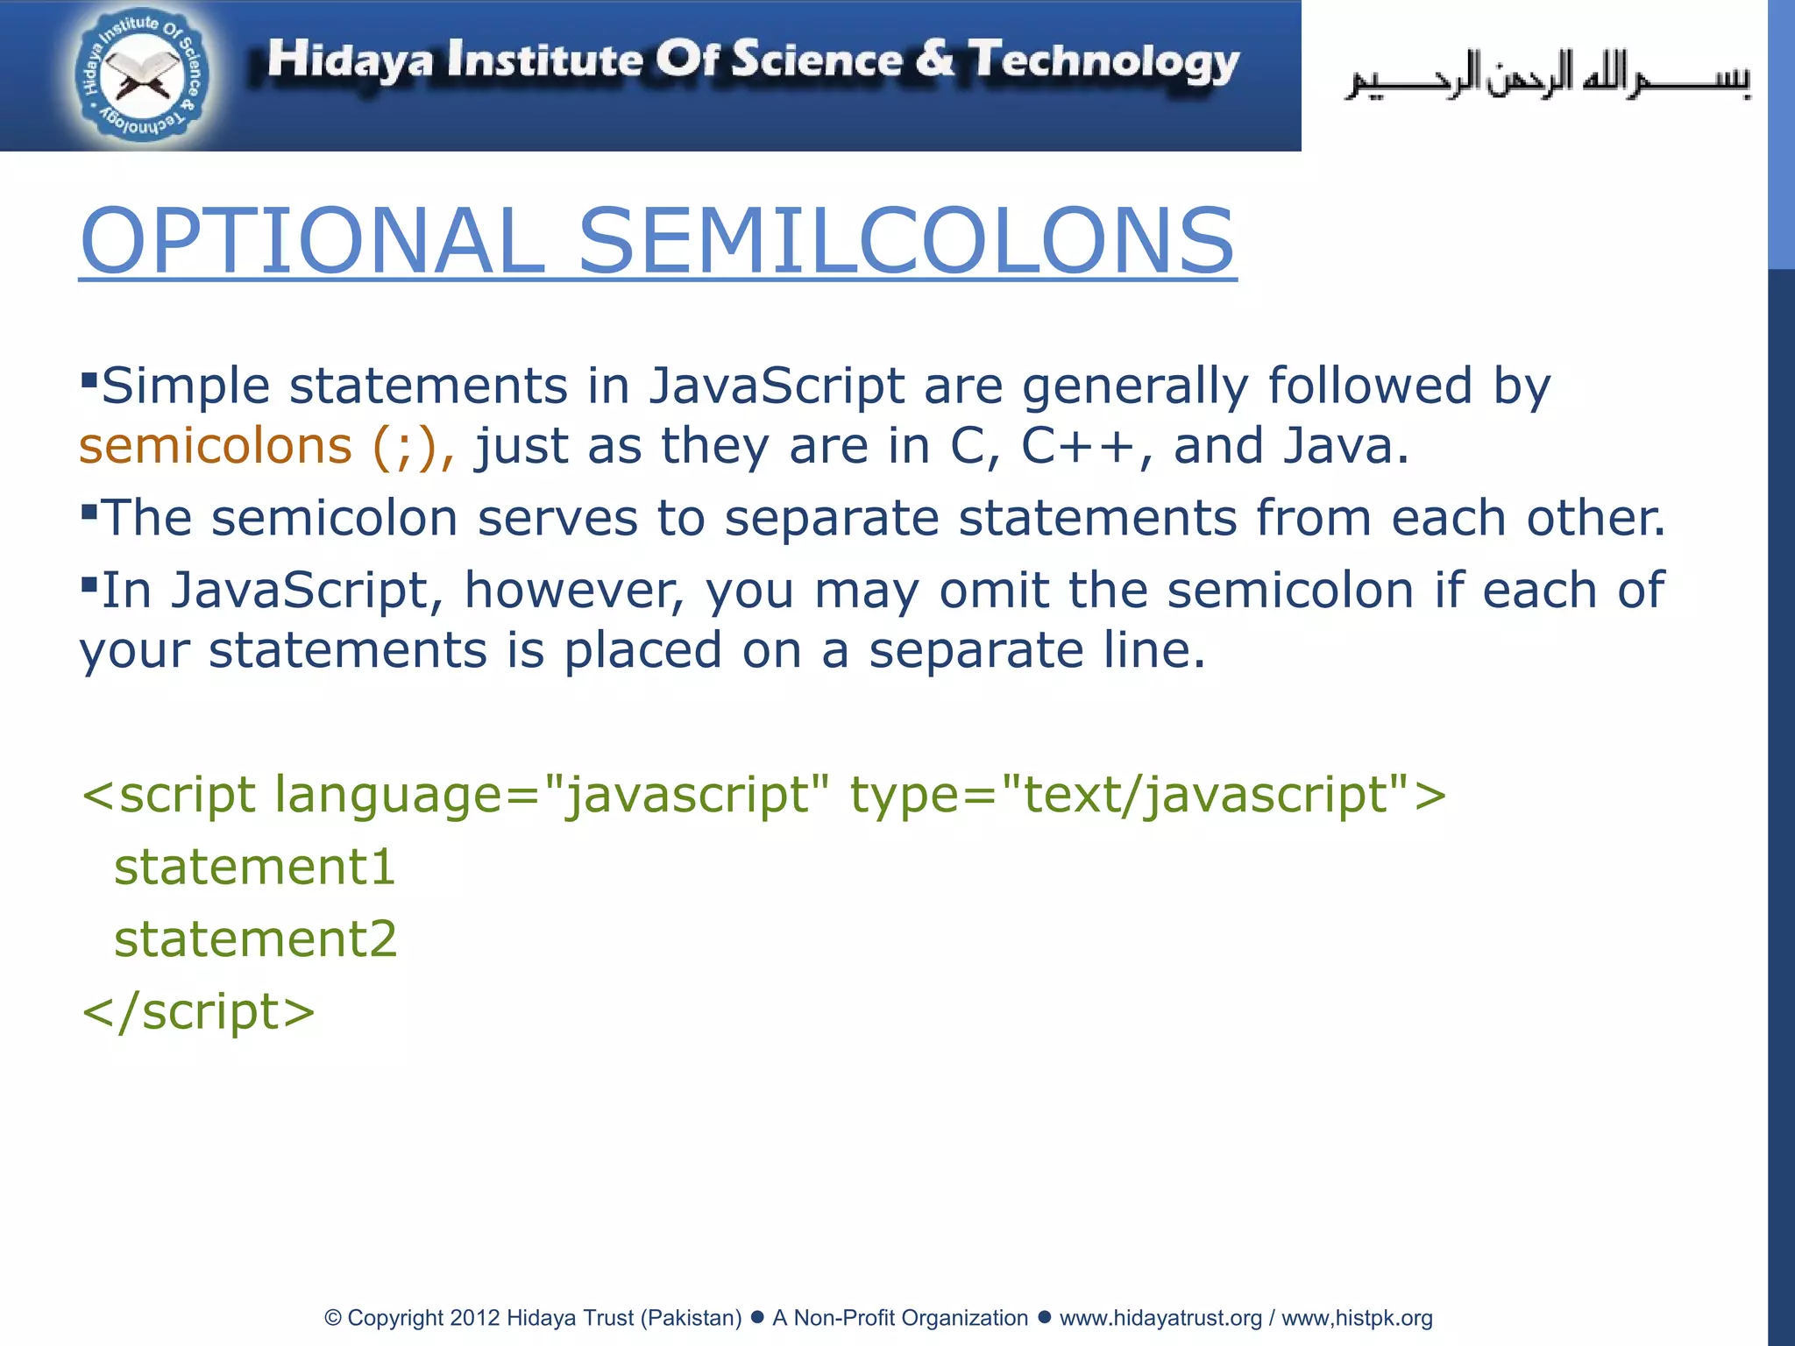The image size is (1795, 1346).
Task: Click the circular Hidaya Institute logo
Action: coord(140,76)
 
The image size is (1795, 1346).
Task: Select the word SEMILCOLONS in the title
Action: coord(906,240)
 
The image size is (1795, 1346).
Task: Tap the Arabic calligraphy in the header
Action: coord(1548,77)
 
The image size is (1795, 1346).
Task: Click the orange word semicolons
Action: coord(215,446)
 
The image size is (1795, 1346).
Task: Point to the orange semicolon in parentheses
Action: coord(404,448)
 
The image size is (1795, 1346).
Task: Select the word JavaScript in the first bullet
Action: coord(777,386)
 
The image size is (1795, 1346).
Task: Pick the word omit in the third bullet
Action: coord(993,591)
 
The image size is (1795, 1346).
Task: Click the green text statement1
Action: coord(255,868)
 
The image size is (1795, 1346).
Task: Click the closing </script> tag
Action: coord(198,1012)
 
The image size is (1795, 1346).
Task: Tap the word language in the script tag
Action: coord(388,796)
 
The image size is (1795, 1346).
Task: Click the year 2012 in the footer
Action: coord(475,1318)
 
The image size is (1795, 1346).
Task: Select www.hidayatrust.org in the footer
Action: coord(1160,1318)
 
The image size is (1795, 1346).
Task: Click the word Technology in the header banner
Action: coord(1104,61)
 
